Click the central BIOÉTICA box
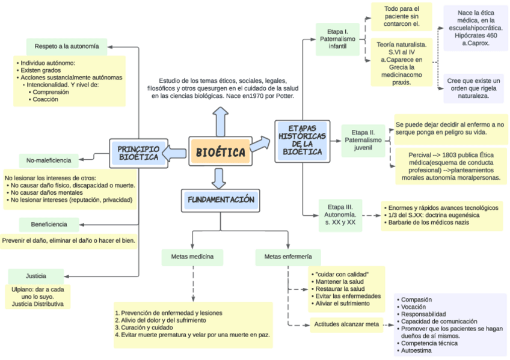(221, 151)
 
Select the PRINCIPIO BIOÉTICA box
(139, 153)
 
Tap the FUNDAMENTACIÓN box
(221, 200)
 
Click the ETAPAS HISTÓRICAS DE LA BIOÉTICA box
(302, 141)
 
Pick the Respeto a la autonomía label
(66, 46)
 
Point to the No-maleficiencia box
(49, 160)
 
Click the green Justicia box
(36, 276)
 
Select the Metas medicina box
(192, 257)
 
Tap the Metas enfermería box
(287, 257)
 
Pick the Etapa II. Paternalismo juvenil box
(363, 140)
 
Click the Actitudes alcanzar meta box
(346, 324)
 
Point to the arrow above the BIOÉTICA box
(221, 121)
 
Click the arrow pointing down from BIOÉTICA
(220, 177)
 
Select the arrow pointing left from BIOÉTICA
(177, 153)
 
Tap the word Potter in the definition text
(283, 96)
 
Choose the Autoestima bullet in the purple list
(416, 350)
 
